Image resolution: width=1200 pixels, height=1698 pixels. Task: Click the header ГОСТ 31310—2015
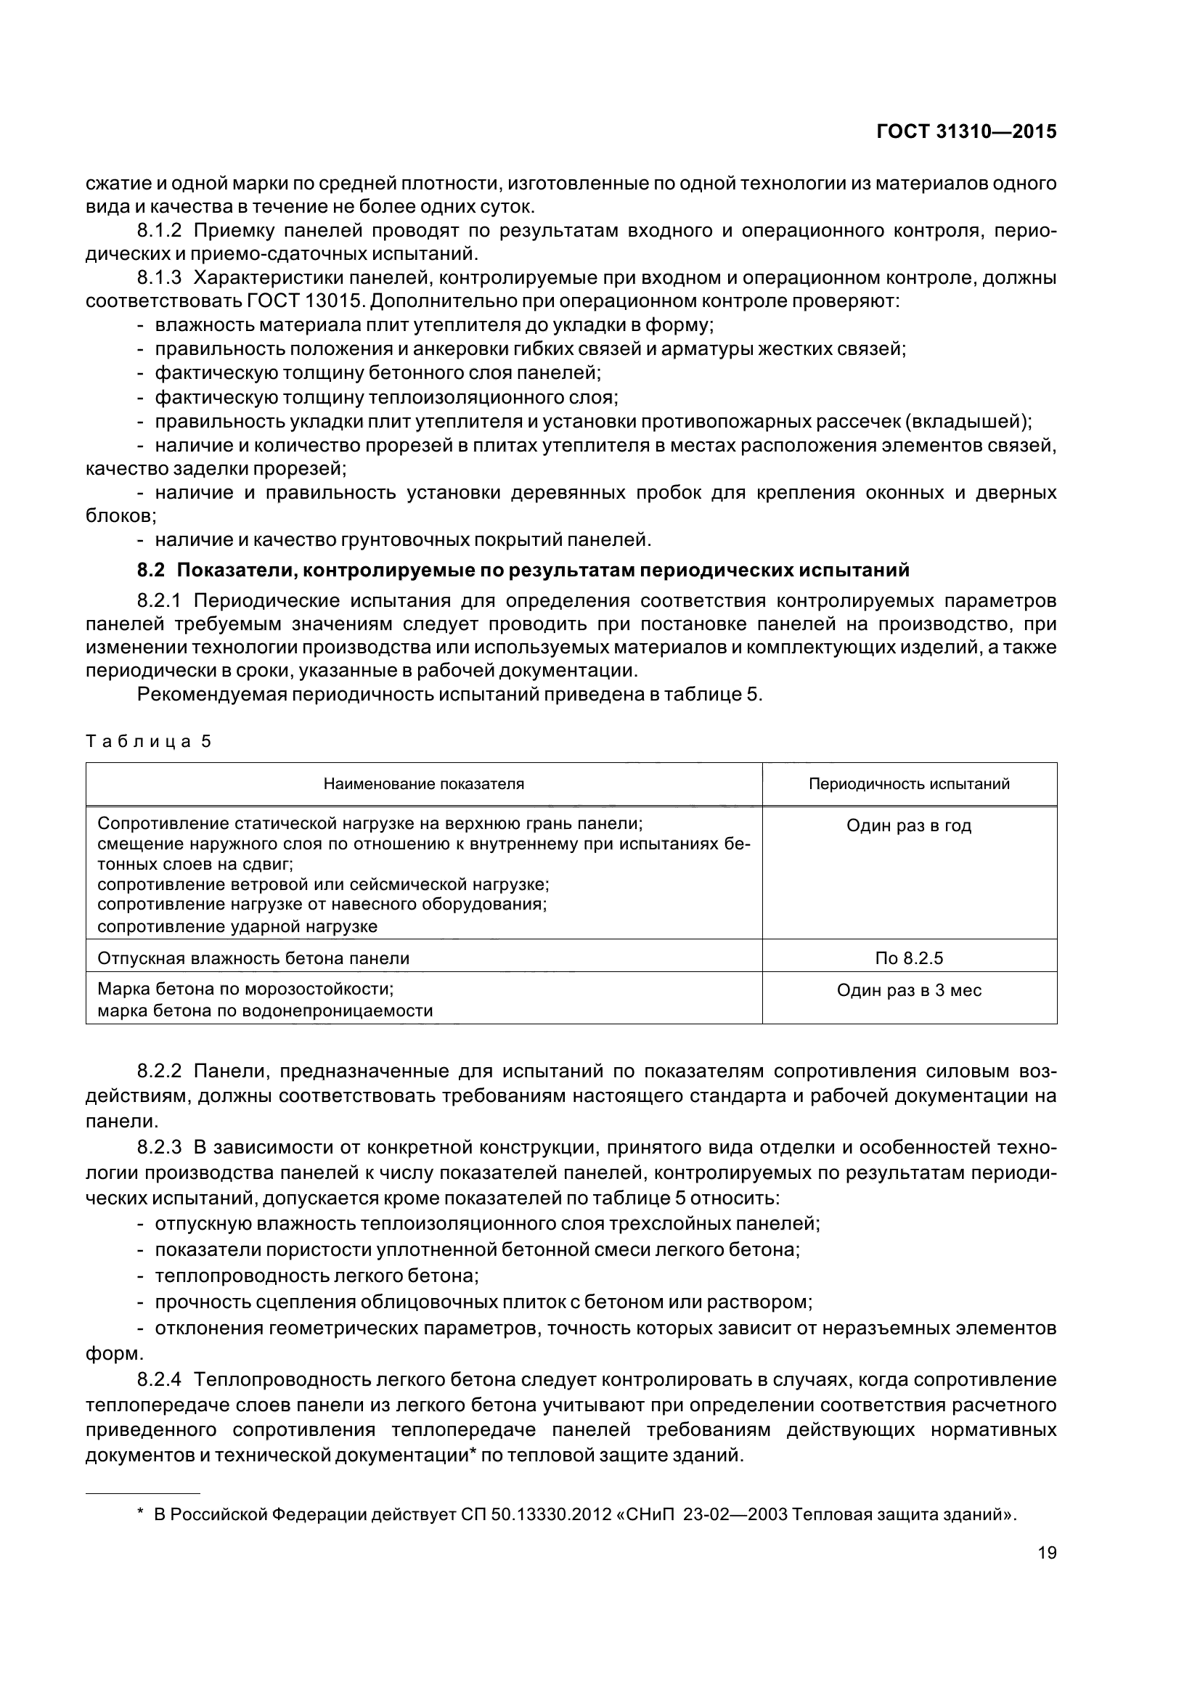[x=966, y=131]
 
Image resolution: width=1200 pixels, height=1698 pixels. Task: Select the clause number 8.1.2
[x=159, y=231]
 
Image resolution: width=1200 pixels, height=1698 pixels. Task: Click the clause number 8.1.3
[x=159, y=278]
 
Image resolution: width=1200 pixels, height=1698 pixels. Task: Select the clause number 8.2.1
[x=159, y=600]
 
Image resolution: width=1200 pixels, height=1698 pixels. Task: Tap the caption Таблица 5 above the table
[x=149, y=742]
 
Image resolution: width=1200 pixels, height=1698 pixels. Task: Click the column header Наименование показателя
[x=424, y=784]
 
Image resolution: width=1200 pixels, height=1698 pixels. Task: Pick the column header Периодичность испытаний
[x=909, y=784]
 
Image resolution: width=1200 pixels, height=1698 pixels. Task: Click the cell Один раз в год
[x=909, y=826]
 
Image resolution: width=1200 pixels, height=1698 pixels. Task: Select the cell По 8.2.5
[x=909, y=958]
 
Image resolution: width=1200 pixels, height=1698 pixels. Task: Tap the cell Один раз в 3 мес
[x=909, y=990]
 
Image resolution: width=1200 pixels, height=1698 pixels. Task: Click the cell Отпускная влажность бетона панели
[x=253, y=959]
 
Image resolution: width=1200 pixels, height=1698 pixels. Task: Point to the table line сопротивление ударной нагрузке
[x=237, y=926]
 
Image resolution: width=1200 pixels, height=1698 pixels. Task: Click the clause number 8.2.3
[x=159, y=1148]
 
